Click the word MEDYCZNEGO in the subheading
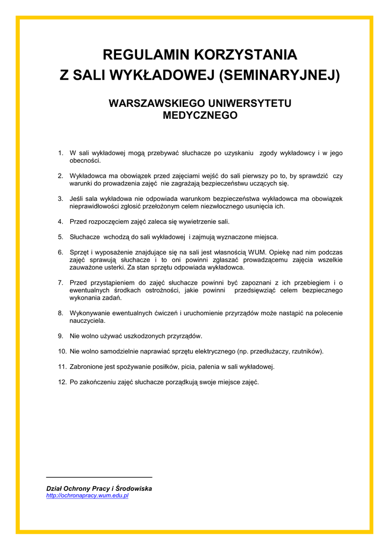200,115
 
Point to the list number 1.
61,153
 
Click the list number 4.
61,221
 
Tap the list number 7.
61,283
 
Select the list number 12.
62,382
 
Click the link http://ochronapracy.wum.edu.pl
88,496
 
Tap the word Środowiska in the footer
134,488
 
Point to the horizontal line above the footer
99,477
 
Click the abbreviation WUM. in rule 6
256,252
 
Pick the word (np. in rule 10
243,351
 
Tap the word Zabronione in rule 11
87,367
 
